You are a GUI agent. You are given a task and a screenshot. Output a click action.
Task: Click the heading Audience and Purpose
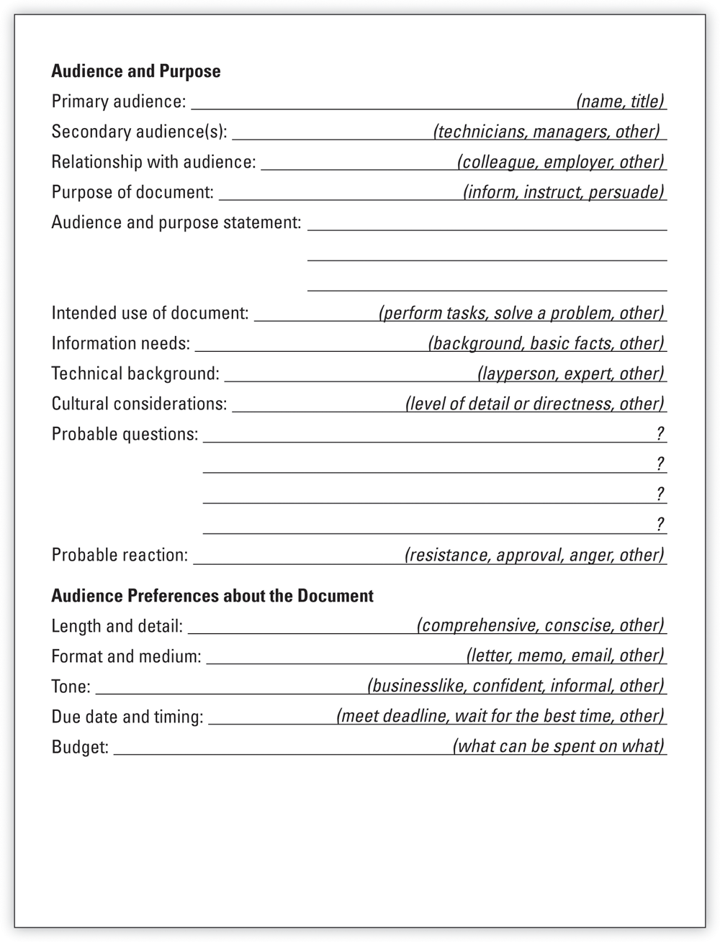[136, 71]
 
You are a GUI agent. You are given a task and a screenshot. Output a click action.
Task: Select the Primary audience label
[119, 101]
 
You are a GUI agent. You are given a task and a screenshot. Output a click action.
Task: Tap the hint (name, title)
[620, 101]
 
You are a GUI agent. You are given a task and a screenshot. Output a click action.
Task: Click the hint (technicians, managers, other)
[546, 132]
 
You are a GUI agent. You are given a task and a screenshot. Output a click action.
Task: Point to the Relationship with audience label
[153, 162]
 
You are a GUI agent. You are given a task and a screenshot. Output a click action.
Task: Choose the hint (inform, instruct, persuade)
[564, 192]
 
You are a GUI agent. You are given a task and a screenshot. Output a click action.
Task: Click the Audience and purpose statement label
[176, 222]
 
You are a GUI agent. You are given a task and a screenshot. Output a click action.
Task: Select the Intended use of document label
[150, 313]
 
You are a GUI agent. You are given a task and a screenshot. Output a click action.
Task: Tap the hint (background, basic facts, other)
[546, 343]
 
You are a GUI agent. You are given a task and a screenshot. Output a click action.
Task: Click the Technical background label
[135, 373]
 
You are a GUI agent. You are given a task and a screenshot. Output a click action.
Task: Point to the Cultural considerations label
[139, 404]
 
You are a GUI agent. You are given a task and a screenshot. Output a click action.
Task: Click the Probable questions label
[125, 434]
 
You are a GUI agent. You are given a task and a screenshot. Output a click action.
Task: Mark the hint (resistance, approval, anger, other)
[534, 555]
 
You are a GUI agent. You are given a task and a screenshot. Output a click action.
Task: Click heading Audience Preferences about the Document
[212, 596]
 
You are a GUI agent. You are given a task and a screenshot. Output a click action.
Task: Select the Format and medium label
[127, 656]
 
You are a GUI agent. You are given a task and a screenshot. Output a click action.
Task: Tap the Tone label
[71, 687]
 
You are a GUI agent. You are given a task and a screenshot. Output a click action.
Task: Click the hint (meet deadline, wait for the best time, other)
[500, 716]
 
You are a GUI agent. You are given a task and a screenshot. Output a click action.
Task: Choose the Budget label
[80, 747]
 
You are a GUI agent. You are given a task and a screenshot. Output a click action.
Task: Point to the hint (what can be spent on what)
[558, 746]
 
